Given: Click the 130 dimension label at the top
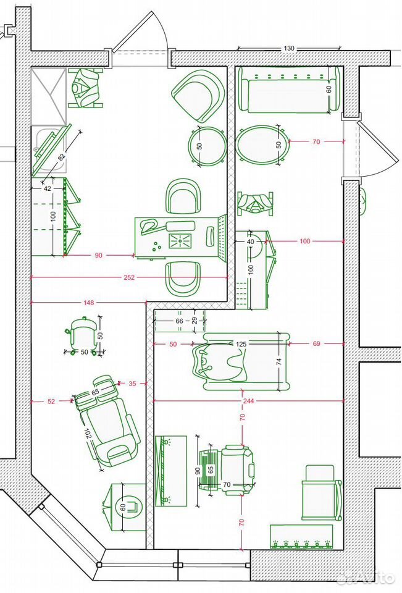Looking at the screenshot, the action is [x=288, y=48].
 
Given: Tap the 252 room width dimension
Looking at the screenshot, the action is [x=129, y=277].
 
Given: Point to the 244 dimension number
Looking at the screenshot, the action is [x=248, y=401].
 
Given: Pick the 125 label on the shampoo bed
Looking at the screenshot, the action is [x=241, y=344].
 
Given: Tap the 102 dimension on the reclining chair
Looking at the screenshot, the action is [x=88, y=434].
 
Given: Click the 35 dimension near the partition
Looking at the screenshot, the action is [x=132, y=384].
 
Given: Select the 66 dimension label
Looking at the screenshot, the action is [x=179, y=321].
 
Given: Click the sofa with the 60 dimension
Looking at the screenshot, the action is [x=290, y=90].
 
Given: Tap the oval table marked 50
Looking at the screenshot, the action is [x=262, y=145].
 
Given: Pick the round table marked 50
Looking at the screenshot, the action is [x=207, y=145].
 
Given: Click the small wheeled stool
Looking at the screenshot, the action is [x=83, y=335].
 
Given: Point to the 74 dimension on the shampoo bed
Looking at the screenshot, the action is [x=279, y=361].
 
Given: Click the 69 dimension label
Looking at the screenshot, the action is [x=317, y=344].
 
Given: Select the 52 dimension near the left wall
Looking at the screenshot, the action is [x=51, y=402].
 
